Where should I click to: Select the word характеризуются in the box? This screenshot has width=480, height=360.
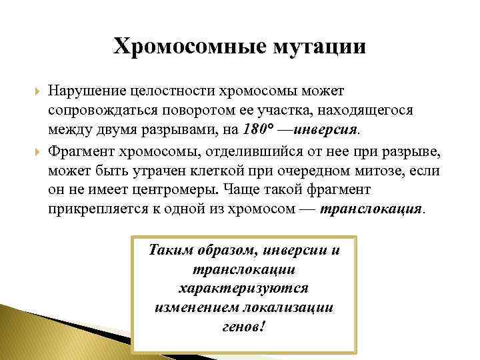point(243,289)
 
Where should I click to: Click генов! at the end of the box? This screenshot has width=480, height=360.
point(243,327)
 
